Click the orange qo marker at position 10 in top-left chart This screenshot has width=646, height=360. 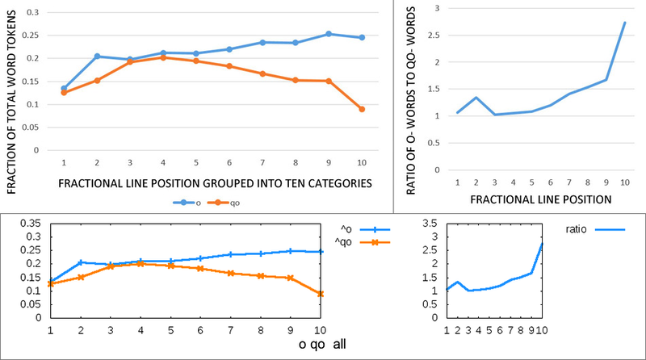tap(361, 109)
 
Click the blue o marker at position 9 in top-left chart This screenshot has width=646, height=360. tap(328, 34)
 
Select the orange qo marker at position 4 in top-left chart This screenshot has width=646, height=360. tap(162, 57)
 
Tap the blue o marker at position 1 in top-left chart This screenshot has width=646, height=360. tap(63, 88)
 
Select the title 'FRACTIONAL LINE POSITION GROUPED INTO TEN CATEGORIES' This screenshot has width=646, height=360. tap(216, 183)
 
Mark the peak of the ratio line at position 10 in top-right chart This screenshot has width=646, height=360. tap(625, 23)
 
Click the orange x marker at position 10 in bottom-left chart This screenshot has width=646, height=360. tap(321, 294)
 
